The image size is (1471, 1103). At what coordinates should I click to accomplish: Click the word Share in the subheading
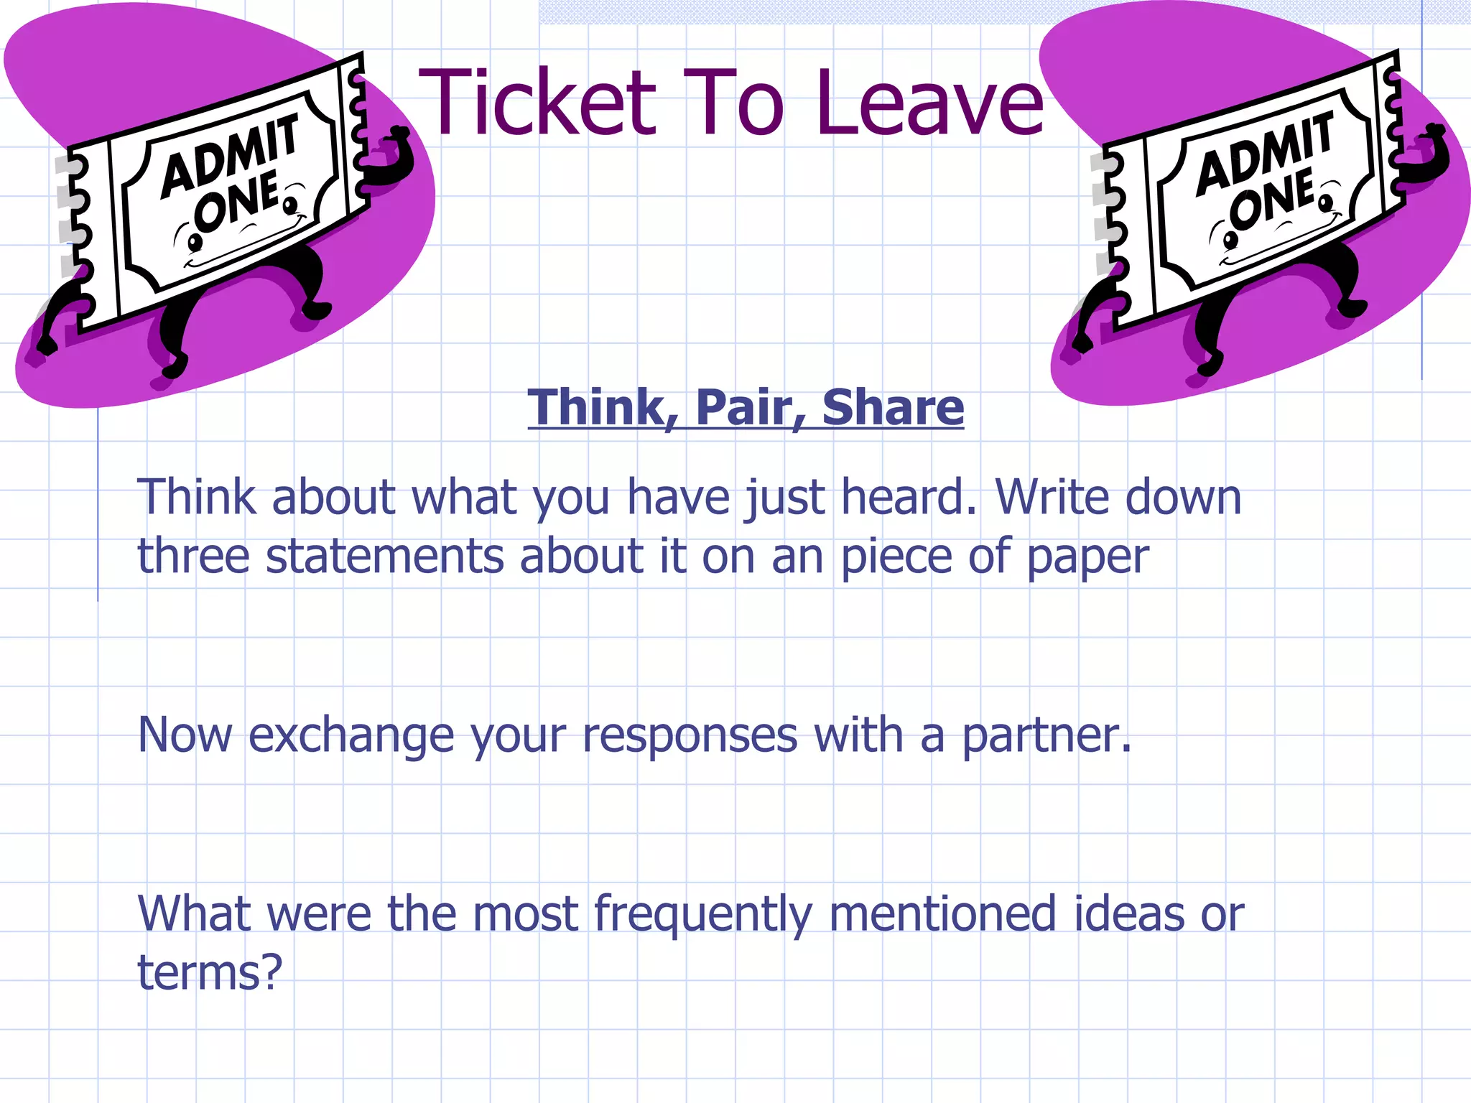coord(893,407)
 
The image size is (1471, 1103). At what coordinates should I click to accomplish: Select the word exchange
coord(351,735)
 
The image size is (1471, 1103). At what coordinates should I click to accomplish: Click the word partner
coord(1046,737)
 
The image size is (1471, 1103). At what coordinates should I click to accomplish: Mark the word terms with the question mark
coord(209,973)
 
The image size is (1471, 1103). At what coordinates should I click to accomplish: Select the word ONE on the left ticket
coord(237,203)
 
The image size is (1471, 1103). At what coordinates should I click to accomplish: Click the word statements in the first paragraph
coord(385,557)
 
